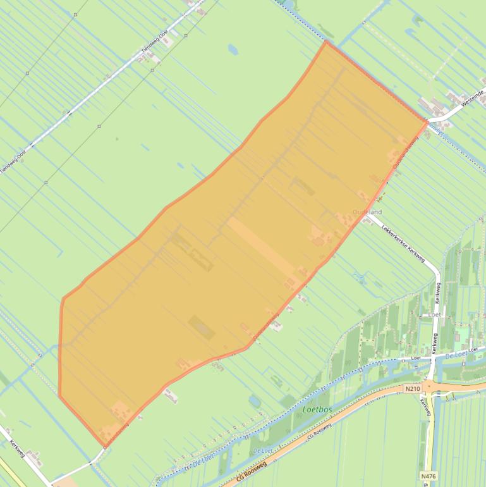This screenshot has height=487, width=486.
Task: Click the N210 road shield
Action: click(x=412, y=389)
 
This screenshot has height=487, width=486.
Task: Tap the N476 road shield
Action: click(x=427, y=476)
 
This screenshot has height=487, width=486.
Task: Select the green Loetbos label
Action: click(x=317, y=409)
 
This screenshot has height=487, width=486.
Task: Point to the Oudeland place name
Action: click(x=367, y=213)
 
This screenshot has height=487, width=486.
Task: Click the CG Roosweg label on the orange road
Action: click(x=252, y=472)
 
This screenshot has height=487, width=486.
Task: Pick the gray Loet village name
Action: click(x=434, y=314)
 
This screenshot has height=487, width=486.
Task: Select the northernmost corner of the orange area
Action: click(x=326, y=42)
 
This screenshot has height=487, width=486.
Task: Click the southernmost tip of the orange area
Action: click(x=101, y=446)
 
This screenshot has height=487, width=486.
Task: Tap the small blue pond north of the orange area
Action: click(x=233, y=49)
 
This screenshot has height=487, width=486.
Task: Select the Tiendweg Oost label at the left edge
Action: click(x=13, y=163)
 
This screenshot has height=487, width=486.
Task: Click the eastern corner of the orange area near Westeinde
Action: click(x=427, y=121)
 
